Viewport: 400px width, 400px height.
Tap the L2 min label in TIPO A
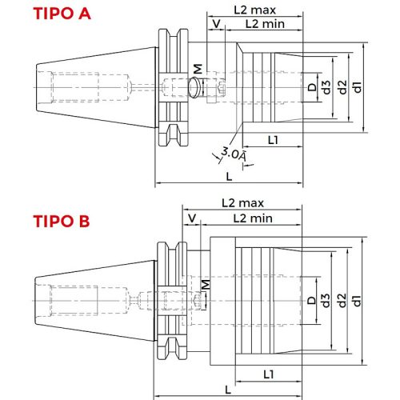[263, 25]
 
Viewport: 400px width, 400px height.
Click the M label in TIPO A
[198, 71]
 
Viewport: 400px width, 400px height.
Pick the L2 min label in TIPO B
[253, 218]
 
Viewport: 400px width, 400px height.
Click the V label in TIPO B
[191, 218]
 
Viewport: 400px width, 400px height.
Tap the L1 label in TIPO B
[270, 374]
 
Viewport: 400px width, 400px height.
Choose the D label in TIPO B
[310, 300]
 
